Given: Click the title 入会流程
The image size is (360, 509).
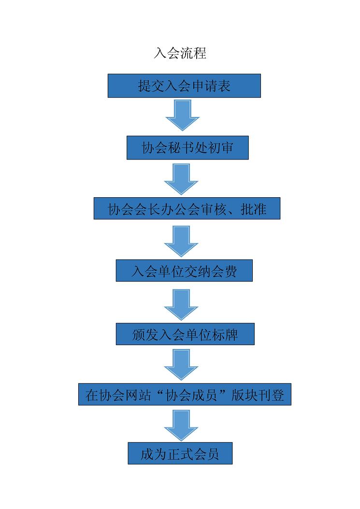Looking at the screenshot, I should (x=180, y=53).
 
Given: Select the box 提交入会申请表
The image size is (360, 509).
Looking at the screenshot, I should (x=184, y=86).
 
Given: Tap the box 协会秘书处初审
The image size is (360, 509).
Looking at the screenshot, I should (x=187, y=148).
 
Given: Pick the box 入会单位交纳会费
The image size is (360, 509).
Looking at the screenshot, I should (x=184, y=271).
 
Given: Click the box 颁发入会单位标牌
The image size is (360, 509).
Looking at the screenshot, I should (x=185, y=334).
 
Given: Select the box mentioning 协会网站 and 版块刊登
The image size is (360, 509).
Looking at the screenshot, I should (x=185, y=395).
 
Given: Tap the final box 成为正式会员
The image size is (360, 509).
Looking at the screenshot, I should (x=180, y=453).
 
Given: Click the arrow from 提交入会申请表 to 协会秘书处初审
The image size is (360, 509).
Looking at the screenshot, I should (x=182, y=115).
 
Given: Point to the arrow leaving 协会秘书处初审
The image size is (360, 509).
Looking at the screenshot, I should (x=182, y=178).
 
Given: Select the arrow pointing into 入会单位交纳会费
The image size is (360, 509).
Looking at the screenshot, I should (x=182, y=241).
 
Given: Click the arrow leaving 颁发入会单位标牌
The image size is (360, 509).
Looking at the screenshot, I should (x=182, y=365).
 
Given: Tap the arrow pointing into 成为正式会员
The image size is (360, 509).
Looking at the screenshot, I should (x=182, y=425).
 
